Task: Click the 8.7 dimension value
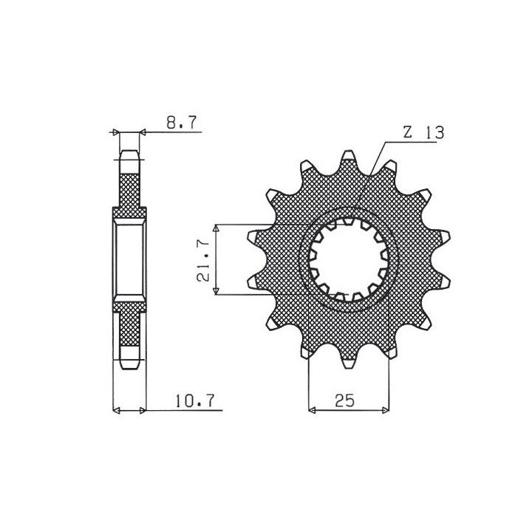coord(182,123)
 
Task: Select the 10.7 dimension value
coord(195,400)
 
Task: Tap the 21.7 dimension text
coord(204,260)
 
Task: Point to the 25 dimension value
coord(345,400)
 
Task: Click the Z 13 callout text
coord(423,133)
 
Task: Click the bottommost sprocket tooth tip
coord(349,368)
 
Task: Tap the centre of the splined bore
coord(349,260)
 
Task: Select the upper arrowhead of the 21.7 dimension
coord(216,228)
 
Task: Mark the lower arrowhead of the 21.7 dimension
coord(216,291)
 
